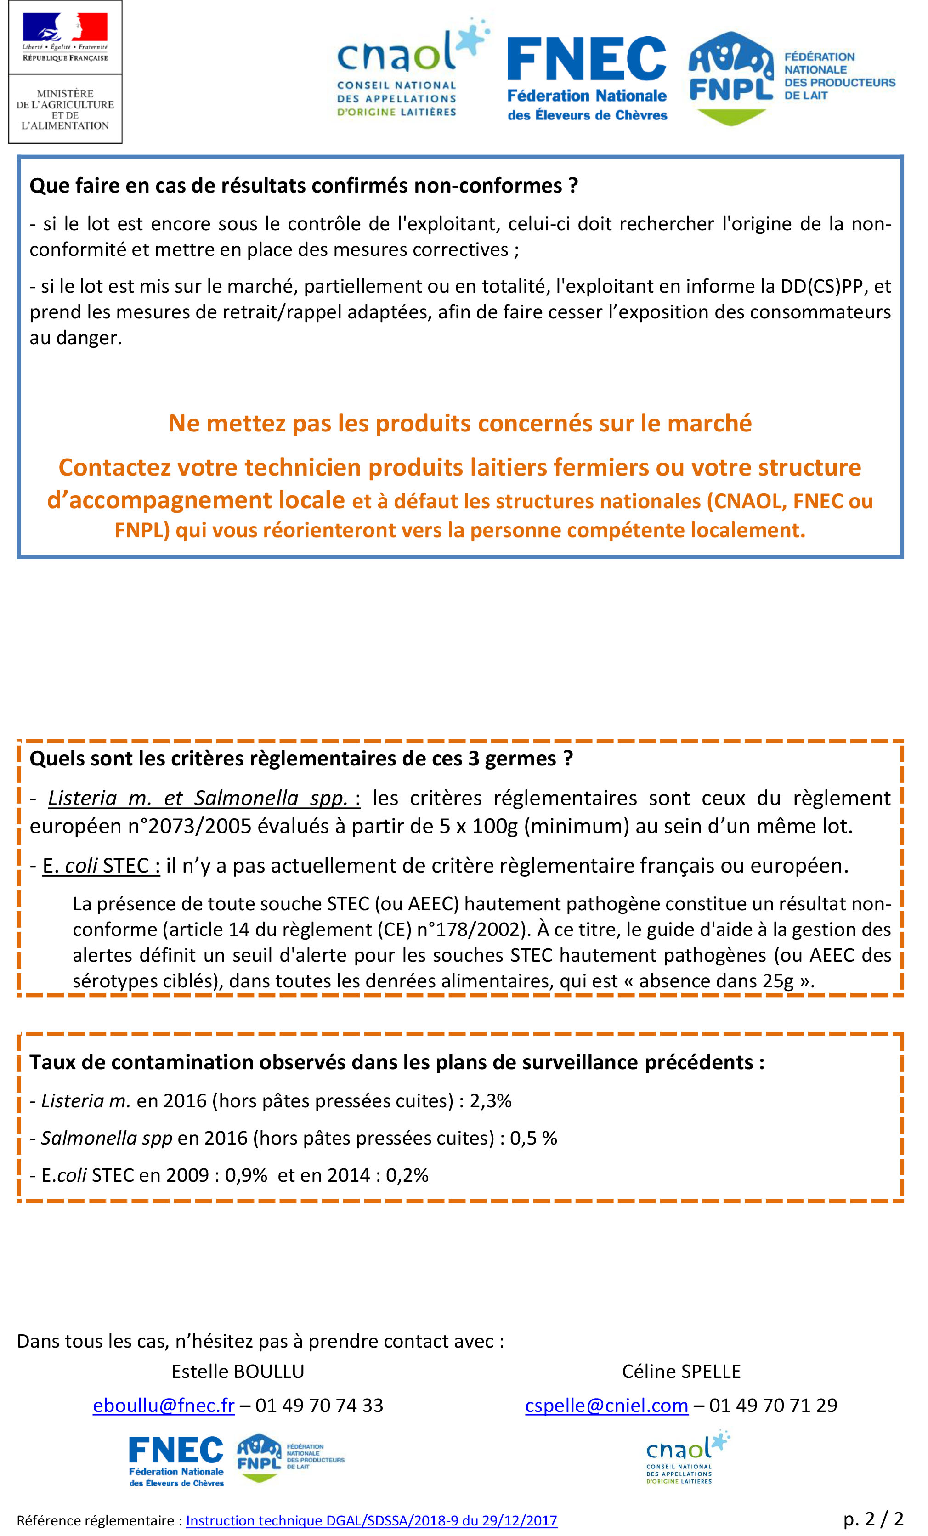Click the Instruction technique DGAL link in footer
pyautogui.click(x=372, y=1520)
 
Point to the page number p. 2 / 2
pyautogui.click(x=872, y=1519)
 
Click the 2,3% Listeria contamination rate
pyautogui.click(x=491, y=1101)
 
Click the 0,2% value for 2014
pyautogui.click(x=407, y=1175)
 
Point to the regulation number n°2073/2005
pyautogui.click(x=198, y=826)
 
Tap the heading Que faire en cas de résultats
pyautogui.click(x=304, y=185)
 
